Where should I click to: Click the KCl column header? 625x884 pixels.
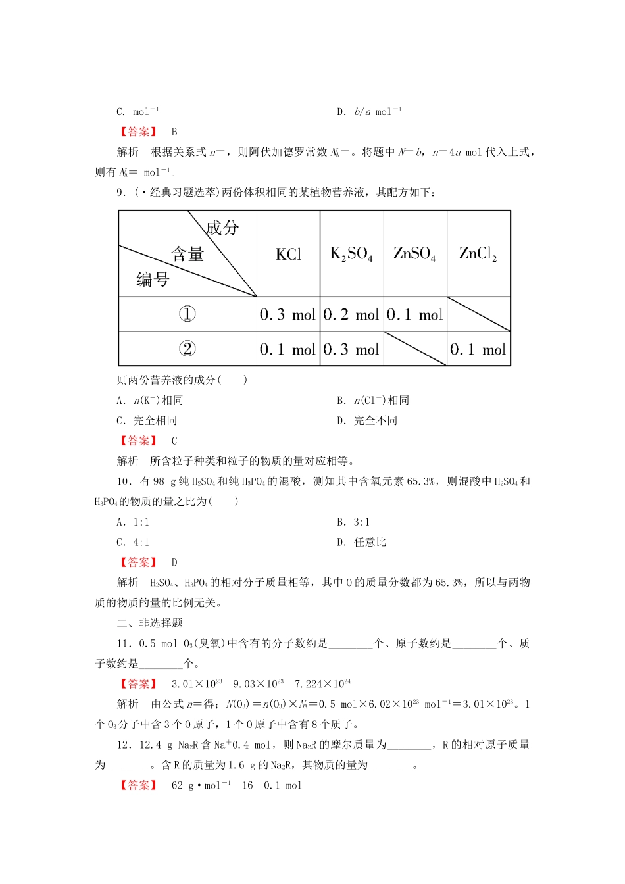(288, 255)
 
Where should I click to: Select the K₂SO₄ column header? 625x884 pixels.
(351, 254)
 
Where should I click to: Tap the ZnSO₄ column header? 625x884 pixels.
(414, 254)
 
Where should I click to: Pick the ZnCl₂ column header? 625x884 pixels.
(478, 254)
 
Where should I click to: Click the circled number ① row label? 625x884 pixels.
(187, 314)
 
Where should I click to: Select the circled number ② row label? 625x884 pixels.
(187, 349)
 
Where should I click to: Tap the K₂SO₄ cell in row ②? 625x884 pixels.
(351, 349)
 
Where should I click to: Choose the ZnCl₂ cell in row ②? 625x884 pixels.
(478, 349)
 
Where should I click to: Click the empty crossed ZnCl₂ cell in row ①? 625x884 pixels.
(478, 314)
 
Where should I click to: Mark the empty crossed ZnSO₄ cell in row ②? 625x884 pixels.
(415, 349)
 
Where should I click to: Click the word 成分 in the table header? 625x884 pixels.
(222, 228)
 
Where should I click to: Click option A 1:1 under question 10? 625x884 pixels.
(133, 522)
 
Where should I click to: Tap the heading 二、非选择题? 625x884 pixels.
(150, 623)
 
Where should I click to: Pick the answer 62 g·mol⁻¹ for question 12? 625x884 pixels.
(201, 785)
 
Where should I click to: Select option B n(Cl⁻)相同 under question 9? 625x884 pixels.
(373, 401)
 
